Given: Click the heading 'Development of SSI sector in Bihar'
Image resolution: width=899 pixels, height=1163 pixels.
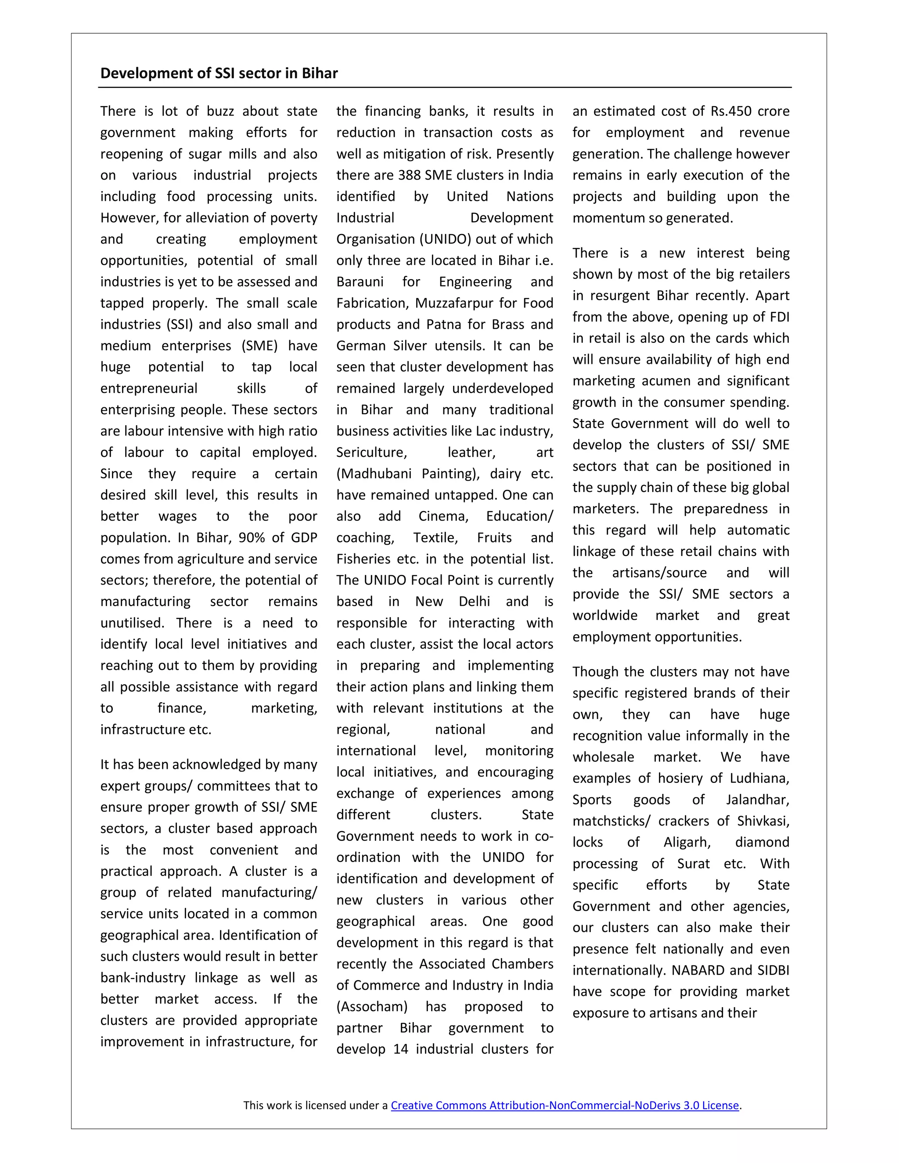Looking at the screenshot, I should point(219,73).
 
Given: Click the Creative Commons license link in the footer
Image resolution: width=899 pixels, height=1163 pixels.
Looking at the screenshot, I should point(565,1105).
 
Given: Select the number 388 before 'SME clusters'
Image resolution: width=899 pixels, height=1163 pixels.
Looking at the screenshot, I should point(409,175).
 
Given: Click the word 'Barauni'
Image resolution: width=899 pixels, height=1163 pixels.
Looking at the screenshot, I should point(360,282).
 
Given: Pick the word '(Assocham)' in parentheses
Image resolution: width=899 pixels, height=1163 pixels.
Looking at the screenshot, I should point(372,1006).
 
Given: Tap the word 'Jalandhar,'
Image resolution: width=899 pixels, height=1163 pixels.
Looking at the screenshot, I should point(757,800).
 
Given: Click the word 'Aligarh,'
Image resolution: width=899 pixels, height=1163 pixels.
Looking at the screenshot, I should point(687,843).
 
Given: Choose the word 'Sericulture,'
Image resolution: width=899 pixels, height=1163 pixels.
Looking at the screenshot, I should point(372,452).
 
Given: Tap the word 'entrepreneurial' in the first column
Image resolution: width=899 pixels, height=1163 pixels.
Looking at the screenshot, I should point(149,388).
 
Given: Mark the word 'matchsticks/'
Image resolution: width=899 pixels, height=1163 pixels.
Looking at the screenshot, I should point(611,821).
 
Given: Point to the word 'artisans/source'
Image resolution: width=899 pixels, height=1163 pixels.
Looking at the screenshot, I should point(659,573).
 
